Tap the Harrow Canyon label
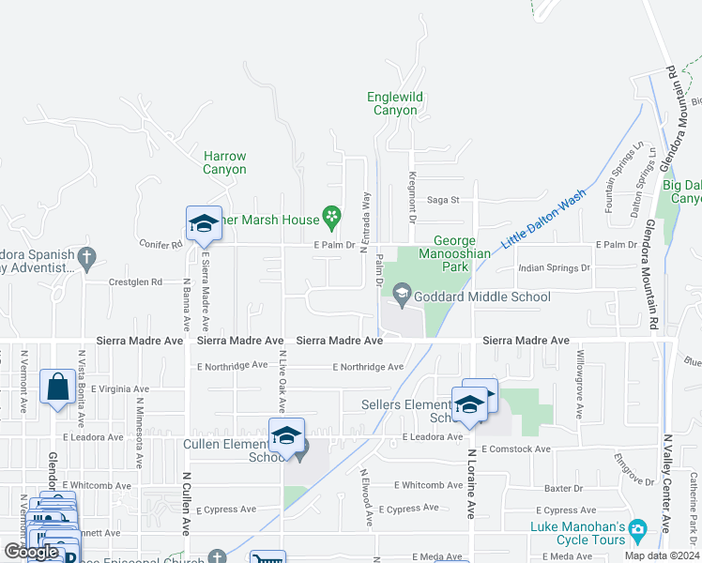point(225,162)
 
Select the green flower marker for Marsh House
point(331,220)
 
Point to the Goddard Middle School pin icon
point(402,297)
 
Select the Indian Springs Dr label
point(554,268)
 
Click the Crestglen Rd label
point(136,281)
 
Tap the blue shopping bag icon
point(57,387)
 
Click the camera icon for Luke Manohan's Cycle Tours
point(637,530)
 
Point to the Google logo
point(31,552)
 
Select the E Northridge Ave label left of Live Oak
point(232,366)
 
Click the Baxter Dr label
point(564,488)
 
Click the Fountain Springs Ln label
point(623,179)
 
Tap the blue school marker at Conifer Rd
point(204,223)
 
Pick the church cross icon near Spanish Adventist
point(86,255)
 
